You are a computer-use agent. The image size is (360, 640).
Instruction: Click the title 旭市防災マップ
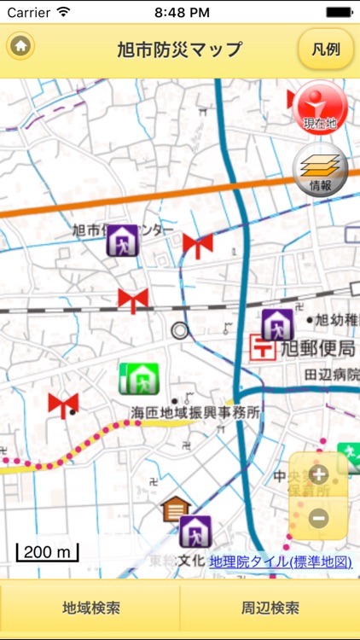pyautogui.click(x=179, y=49)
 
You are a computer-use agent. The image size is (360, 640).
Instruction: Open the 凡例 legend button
pyautogui.click(x=326, y=49)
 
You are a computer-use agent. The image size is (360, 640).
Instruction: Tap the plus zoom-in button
pyautogui.click(x=318, y=475)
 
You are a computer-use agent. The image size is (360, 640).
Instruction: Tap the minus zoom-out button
pyautogui.click(x=318, y=517)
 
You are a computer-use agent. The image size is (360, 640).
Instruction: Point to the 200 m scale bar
pyautogui.click(x=48, y=552)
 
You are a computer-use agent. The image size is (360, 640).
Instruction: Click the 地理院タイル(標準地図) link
pyautogui.click(x=280, y=561)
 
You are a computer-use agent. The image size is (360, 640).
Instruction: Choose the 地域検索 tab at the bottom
pyautogui.click(x=90, y=608)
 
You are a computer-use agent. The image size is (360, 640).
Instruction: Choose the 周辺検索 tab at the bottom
pyautogui.click(x=270, y=608)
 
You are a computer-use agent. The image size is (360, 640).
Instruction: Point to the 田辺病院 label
pyautogui.click(x=331, y=374)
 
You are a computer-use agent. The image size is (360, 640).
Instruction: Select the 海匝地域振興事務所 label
pyautogui.click(x=195, y=412)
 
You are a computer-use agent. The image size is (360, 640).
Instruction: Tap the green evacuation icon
pyautogui.click(x=138, y=378)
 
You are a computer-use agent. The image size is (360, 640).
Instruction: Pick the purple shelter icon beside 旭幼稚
pyautogui.click(x=277, y=323)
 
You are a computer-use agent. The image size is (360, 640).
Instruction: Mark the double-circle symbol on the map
pyautogui.click(x=179, y=330)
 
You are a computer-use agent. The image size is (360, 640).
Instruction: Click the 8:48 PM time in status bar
pyautogui.click(x=179, y=12)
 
